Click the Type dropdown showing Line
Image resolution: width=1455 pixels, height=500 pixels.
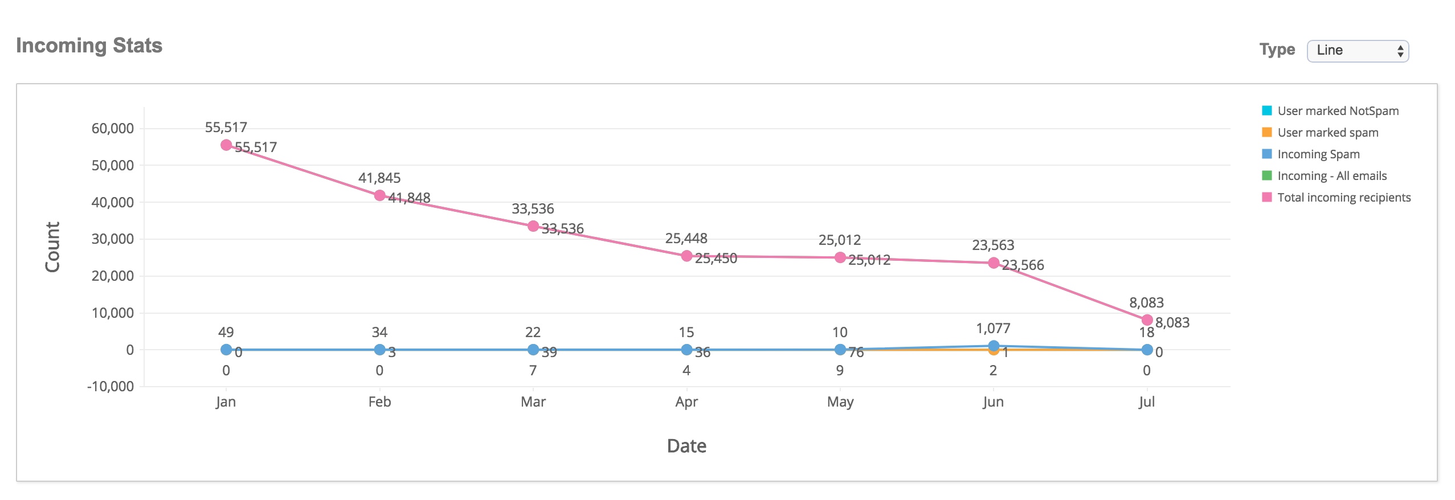point(1357,51)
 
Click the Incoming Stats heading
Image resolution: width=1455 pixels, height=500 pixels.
point(89,46)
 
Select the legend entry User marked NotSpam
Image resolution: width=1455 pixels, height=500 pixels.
point(1337,111)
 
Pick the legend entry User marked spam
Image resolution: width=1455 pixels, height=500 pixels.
point(1327,133)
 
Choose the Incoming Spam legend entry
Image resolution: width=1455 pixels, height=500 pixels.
point(1318,154)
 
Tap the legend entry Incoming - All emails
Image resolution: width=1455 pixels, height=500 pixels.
point(1331,176)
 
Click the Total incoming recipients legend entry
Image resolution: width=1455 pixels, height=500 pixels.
point(1343,198)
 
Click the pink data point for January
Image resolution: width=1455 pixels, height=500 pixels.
point(226,145)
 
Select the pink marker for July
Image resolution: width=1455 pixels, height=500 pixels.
point(1147,320)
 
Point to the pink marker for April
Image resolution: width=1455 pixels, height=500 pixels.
point(686,256)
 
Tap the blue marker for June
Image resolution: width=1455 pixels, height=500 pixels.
point(994,346)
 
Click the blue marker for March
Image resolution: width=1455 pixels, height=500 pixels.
point(533,350)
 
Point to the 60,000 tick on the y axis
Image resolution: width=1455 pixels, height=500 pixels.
point(113,129)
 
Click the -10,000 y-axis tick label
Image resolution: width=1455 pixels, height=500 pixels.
point(111,387)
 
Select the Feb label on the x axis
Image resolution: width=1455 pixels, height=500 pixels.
point(379,402)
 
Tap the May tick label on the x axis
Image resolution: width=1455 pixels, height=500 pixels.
point(840,402)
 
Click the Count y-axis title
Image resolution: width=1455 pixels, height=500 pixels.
point(52,247)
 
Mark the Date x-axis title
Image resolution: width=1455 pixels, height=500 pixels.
point(686,446)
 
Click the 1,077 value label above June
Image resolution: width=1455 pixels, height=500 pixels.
point(993,329)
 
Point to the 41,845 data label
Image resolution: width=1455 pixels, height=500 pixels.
point(379,178)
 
